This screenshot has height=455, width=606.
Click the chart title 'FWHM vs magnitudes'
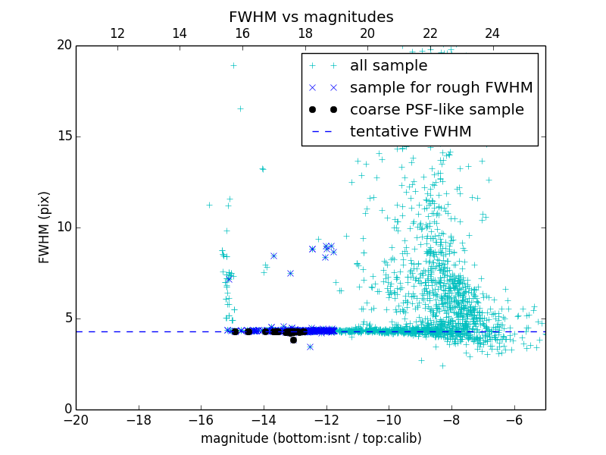click(x=311, y=17)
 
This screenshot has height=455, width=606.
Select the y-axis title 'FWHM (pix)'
click(x=45, y=227)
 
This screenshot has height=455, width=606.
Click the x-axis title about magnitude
click(x=311, y=438)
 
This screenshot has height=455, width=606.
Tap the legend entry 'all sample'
click(x=389, y=66)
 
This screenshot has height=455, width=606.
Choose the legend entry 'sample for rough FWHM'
click(x=441, y=87)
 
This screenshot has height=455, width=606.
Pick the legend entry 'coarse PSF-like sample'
click(x=436, y=109)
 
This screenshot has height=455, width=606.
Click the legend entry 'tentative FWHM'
click(x=411, y=131)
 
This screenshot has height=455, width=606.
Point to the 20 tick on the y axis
click(x=64, y=45)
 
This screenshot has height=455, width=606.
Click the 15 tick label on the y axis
click(x=64, y=136)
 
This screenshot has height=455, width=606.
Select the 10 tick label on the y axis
click(x=64, y=227)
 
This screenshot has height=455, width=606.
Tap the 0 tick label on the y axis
click(x=67, y=409)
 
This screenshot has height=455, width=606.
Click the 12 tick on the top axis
click(x=117, y=33)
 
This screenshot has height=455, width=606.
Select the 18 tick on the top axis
click(x=305, y=33)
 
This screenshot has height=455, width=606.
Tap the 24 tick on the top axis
click(x=492, y=33)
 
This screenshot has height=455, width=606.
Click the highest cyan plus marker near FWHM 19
click(x=233, y=65)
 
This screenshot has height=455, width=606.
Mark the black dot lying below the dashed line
click(x=293, y=340)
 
